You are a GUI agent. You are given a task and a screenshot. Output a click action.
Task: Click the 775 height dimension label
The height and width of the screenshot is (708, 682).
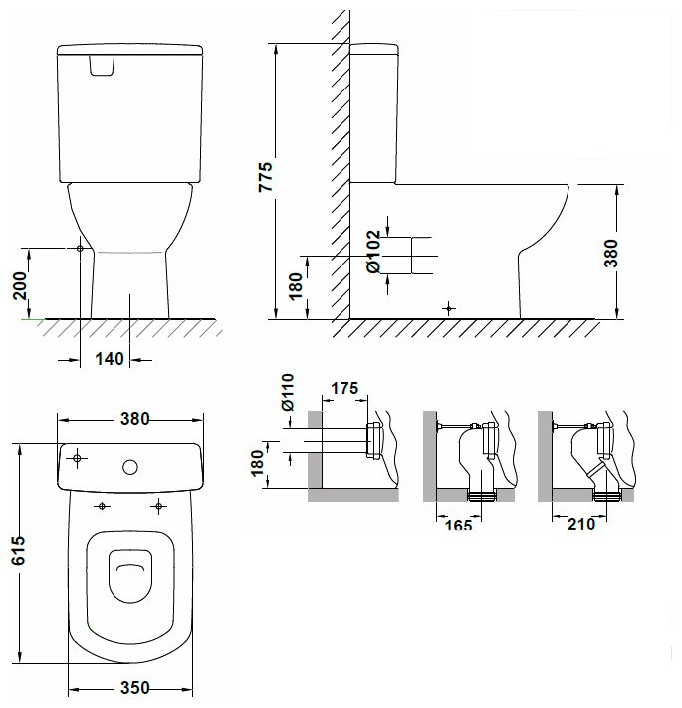coord(266,177)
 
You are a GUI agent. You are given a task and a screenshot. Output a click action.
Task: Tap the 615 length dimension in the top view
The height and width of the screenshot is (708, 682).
coord(19,551)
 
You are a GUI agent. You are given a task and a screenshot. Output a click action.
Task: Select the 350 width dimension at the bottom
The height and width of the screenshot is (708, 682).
coord(134,688)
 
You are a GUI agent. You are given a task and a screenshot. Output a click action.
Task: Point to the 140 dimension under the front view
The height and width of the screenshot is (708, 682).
coord(109,359)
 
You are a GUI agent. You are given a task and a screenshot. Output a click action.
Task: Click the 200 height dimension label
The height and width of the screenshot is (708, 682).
coord(20,286)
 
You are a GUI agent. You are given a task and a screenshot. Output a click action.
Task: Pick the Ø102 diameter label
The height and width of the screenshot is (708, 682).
coord(374,252)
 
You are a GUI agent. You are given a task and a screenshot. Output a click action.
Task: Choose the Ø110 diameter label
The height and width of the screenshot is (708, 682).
coord(288,392)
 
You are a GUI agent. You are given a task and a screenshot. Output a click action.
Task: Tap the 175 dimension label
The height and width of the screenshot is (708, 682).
coord(344,388)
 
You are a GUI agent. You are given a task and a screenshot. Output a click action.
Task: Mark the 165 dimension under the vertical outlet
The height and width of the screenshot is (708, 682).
coord(458,525)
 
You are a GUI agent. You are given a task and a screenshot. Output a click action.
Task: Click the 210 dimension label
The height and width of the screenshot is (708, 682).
coord(581,524)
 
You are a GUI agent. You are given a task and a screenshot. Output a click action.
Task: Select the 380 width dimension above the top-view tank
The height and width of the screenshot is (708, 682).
coord(134,419)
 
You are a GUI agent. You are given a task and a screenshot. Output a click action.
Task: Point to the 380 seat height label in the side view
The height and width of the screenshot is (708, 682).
coord(611,253)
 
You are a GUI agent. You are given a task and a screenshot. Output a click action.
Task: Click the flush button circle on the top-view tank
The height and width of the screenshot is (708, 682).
coord(130,467)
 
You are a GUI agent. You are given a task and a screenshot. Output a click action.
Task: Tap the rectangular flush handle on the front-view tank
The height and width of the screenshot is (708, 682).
coord(102,65)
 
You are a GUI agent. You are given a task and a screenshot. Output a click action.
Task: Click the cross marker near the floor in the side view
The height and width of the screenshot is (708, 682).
coord(448,309)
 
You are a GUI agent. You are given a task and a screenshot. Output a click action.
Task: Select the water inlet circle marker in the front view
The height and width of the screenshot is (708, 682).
coord(80,248)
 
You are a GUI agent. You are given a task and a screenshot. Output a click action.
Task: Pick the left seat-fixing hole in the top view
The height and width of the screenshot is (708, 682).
coord(102,506)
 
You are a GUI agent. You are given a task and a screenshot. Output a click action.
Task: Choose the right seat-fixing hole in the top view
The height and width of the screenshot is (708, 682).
coord(158,506)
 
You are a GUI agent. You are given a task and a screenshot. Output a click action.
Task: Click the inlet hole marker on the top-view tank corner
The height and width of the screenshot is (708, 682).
coord(77,458)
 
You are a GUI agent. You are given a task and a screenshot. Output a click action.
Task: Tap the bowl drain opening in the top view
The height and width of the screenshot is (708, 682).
coord(130,576)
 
